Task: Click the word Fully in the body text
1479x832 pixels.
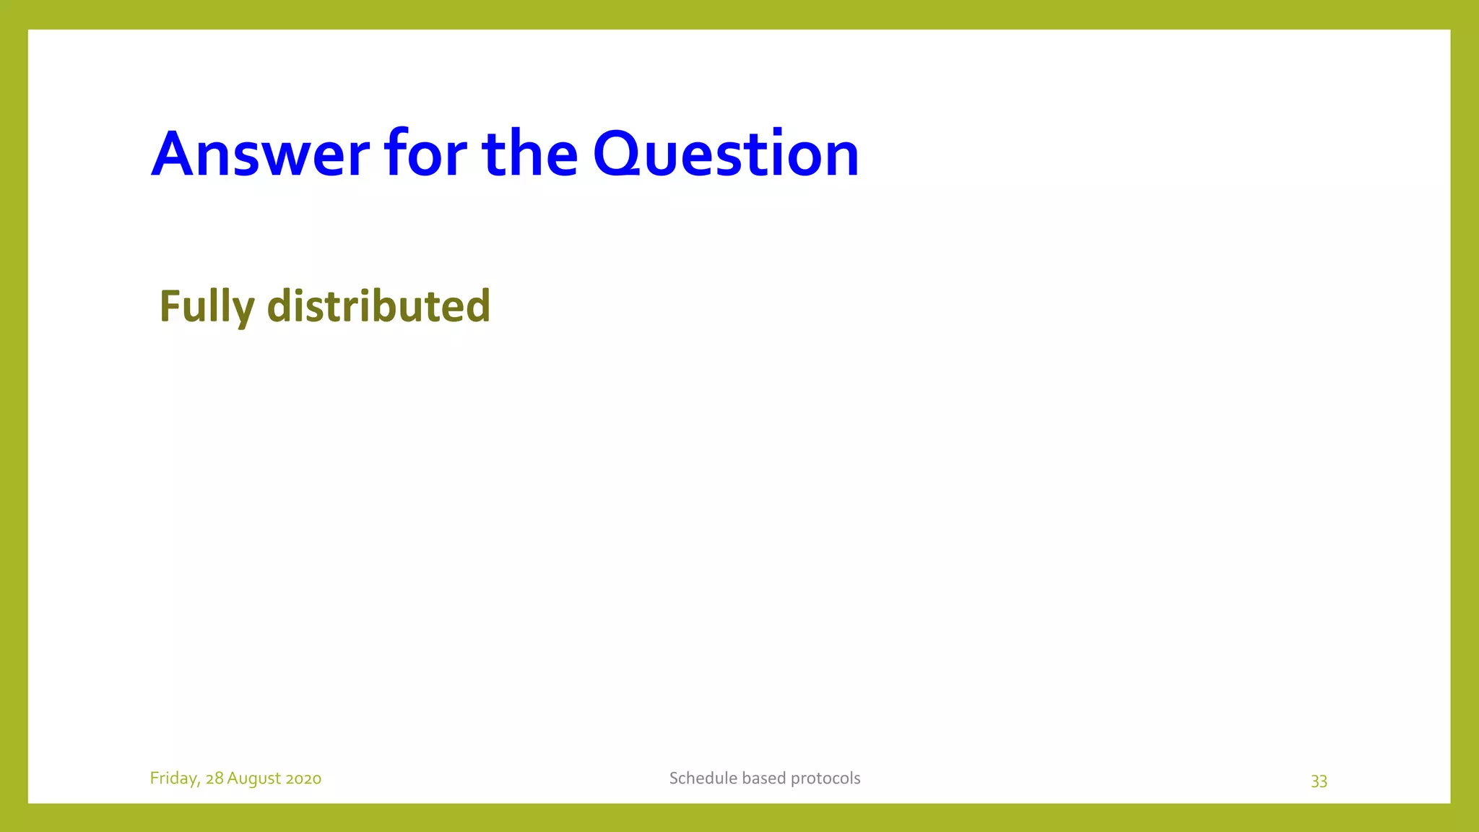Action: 207,306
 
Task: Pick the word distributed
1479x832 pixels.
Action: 378,306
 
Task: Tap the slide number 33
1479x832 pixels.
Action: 1319,781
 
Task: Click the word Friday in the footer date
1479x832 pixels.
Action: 174,779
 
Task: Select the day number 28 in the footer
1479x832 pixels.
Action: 214,779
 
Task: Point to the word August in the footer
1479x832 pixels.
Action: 253,779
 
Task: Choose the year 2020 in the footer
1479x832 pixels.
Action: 303,779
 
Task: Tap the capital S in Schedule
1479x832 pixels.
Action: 674,779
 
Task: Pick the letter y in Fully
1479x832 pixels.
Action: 244,311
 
